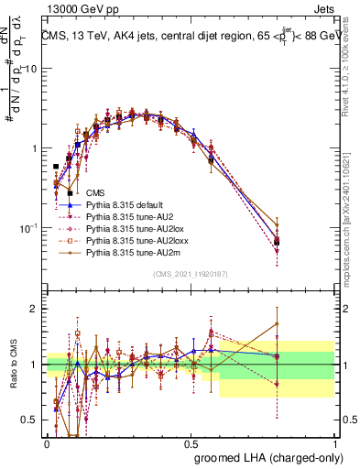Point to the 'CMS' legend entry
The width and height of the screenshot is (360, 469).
point(94,192)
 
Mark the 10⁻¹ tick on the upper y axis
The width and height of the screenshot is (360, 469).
point(27,227)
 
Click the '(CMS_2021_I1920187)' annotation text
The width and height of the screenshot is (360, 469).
point(190,273)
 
